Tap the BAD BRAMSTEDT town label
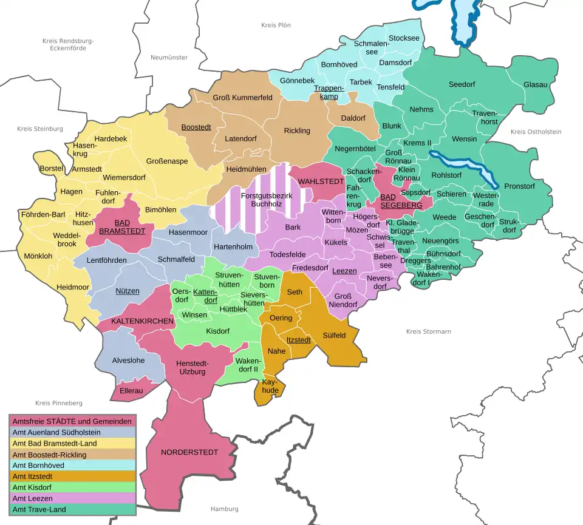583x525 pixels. coord(122,227)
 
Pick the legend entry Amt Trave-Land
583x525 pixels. coord(39,509)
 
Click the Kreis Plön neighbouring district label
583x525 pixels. coord(276,25)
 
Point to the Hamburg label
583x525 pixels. coord(224,509)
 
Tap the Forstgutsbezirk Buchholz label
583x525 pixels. coord(267,200)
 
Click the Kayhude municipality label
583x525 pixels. coord(270,386)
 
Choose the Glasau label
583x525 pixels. coord(535,85)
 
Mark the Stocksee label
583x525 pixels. coord(404,38)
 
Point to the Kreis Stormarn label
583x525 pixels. coord(428,331)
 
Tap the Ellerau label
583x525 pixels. coord(131,391)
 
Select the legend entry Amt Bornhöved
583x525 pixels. coord(38,466)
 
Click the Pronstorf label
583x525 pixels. coord(519,186)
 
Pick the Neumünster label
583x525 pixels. coord(169,57)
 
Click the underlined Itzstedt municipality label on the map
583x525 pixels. coord(299,340)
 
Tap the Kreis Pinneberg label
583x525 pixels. coord(58,403)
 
